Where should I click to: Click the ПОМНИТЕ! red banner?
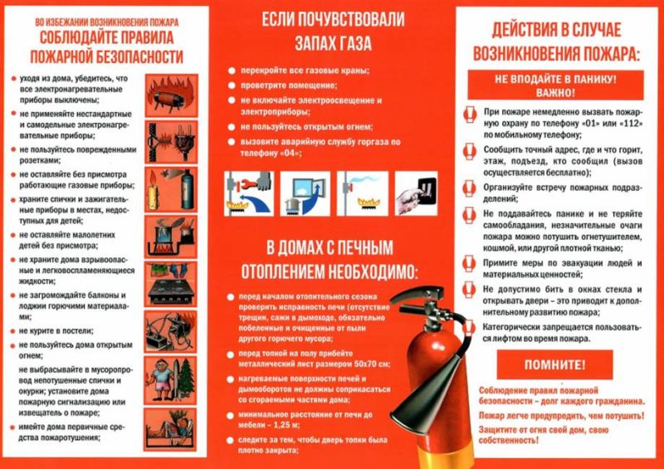coord(554,364)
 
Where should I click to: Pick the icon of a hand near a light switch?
coord(417,196)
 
